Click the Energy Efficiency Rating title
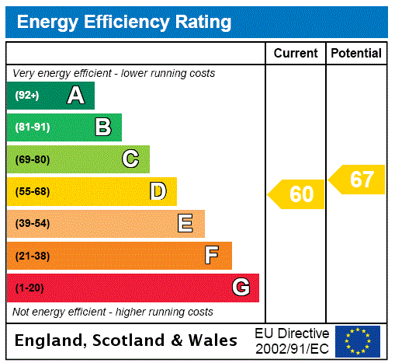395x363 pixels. tap(124, 23)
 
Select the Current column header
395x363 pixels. tap(296, 54)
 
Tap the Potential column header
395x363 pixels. tap(356, 54)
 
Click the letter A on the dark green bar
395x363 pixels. tap(75, 96)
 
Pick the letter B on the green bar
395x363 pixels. tap(102, 127)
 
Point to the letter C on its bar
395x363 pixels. tap(130, 159)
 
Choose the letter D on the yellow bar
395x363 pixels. tap(158, 191)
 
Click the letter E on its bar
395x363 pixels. tap(185, 224)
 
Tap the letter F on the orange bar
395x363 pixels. tap(212, 256)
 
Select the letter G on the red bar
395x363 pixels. tap(241, 288)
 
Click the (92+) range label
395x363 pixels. tap(27, 96)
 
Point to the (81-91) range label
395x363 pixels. tap(32, 127)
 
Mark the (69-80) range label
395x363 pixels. tap(32, 159)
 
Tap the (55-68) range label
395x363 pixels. tap(32, 191)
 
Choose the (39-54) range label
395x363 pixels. tap(32, 224)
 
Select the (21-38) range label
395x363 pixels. tap(32, 256)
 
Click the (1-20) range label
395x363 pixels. tap(29, 288)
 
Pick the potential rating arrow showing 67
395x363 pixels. tap(358, 180)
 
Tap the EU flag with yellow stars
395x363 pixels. tap(358, 341)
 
